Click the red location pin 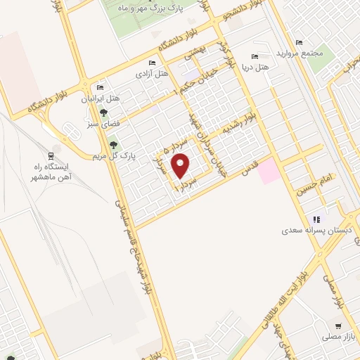pos(181,167)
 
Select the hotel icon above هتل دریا pos(255,56)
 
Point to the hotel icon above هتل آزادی pos(153,63)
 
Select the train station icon pos(51,155)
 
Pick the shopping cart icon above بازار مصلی pos(339,326)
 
